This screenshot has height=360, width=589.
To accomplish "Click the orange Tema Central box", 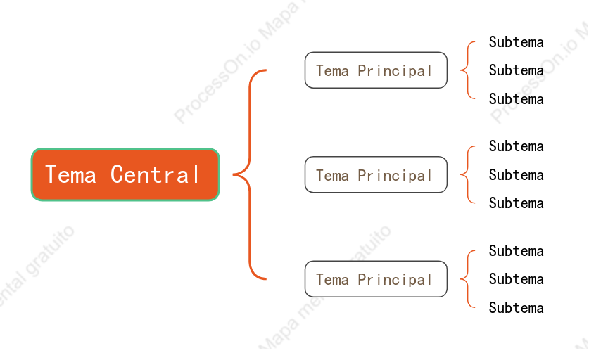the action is point(125,174).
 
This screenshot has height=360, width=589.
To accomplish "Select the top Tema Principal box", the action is point(376,70).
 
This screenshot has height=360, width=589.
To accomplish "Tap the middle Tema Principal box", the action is point(376,174).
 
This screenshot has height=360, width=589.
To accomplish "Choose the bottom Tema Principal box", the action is point(376,279).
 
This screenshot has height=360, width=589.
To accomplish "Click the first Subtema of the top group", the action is point(516,42).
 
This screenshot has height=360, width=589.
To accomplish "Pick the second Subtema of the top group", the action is point(516,70).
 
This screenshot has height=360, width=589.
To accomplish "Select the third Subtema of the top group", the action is point(516,99).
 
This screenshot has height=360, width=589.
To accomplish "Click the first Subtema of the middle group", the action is point(516,146).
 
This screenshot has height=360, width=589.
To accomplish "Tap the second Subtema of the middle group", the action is point(516,175).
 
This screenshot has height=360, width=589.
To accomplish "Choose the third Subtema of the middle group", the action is point(516,203).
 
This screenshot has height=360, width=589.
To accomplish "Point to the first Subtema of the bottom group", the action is point(516,251).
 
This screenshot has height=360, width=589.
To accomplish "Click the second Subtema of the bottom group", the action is point(516,279).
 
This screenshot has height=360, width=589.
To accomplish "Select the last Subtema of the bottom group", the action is point(516,308).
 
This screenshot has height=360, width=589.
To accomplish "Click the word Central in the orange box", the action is point(155,174).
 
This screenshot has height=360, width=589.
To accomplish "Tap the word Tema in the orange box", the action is point(70,174).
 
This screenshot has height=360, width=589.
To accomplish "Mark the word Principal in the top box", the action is point(395,70).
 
